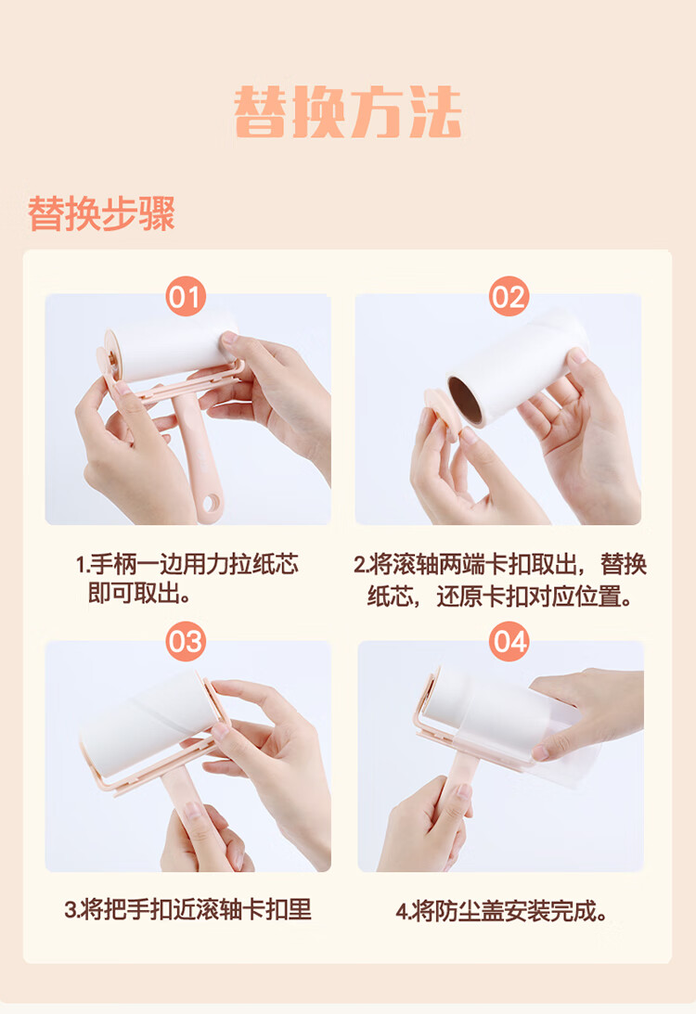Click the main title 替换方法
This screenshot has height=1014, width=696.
coord(348,112)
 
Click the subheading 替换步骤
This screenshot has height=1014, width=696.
coord(101,212)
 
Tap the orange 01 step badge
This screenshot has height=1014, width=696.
coord(186,297)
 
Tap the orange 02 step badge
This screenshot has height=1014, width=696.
coord(509,297)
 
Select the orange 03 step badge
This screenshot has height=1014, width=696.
coord(186,641)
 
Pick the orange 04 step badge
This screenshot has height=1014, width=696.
coord(509,641)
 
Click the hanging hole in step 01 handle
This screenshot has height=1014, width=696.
coord(211,503)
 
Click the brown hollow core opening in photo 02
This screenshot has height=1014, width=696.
coord(465,400)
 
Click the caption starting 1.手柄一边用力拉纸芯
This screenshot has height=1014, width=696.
coord(187,564)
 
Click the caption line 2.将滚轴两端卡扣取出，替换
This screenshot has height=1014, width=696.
coord(500,564)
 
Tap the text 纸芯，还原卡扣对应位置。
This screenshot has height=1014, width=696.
coord(500,597)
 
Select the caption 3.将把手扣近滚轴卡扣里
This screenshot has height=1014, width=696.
coord(187,909)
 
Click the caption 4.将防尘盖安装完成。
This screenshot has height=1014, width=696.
coord(502,911)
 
